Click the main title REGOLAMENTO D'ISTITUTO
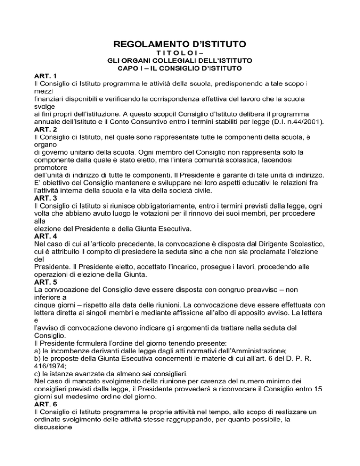pos(180,45)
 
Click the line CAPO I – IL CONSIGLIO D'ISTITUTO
pos(180,68)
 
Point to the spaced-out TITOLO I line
pos(180,53)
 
